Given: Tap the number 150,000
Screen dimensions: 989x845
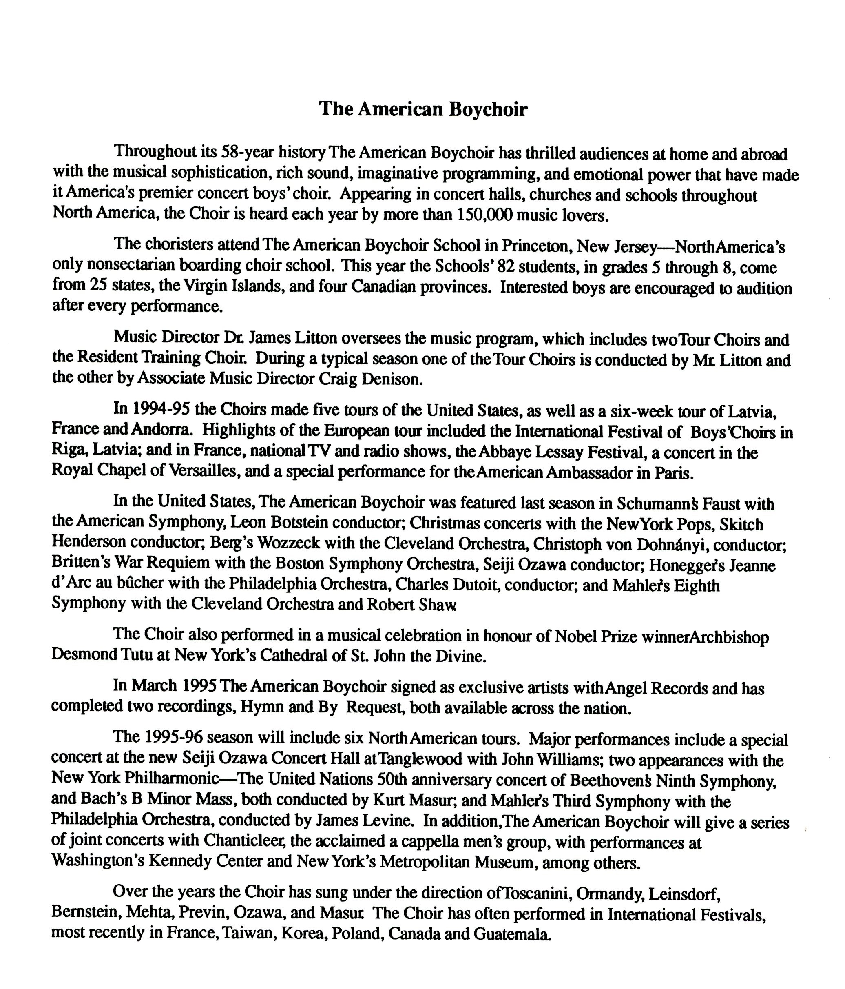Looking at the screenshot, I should [x=484, y=215].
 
